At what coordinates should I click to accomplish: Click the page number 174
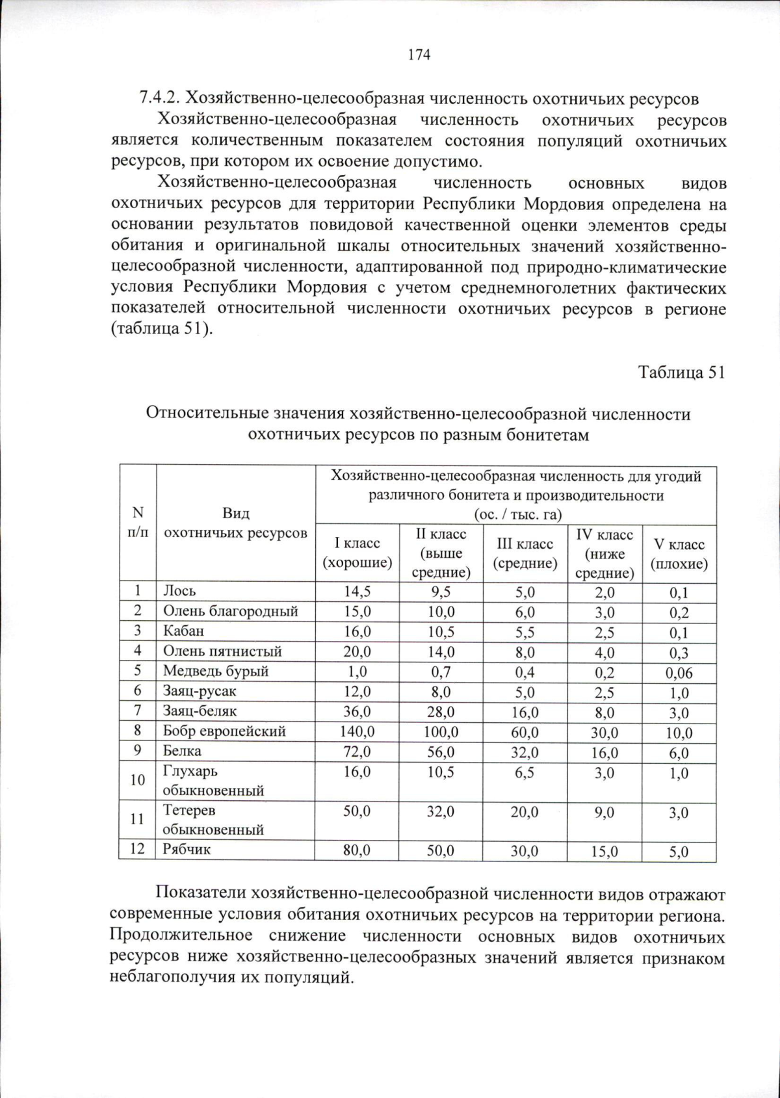[419, 55]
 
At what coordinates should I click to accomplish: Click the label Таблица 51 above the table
[681, 373]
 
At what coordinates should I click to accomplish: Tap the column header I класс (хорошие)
[357, 553]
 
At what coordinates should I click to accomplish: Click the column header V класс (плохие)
[679, 554]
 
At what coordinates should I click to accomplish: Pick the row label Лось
[179, 591]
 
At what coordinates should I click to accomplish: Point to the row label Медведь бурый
[215, 671]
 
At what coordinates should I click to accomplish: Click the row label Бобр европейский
[224, 731]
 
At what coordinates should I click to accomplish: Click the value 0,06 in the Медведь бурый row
[679, 673]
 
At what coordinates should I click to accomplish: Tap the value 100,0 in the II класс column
[441, 732]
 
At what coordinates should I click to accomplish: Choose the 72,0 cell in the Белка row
[357, 752]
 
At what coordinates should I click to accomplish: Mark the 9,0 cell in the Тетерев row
[604, 812]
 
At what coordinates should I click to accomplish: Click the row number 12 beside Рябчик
[136, 849]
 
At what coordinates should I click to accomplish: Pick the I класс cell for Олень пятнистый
[357, 651]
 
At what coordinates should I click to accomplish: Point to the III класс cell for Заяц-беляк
[524, 712]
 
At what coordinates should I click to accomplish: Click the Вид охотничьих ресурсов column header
[235, 523]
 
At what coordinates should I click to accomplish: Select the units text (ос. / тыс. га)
[517, 514]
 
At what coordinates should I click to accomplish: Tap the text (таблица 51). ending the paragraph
[161, 329]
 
